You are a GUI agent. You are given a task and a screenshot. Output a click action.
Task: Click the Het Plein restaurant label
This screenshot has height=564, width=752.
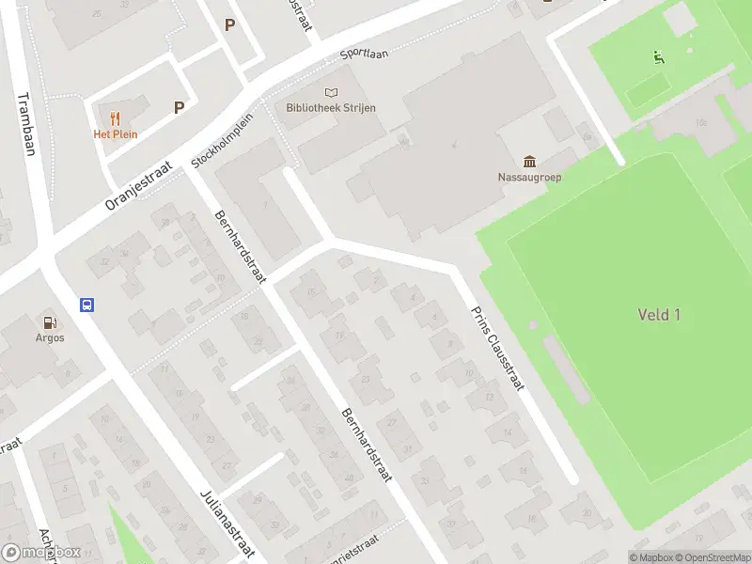(115, 133)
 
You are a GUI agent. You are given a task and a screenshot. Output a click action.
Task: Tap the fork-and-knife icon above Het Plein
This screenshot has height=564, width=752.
(115, 118)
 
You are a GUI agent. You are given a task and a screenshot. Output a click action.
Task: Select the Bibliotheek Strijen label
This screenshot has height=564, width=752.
(331, 108)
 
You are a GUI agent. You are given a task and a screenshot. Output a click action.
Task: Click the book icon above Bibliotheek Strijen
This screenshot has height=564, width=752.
(330, 92)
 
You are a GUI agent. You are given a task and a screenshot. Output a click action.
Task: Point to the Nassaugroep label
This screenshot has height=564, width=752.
(529, 177)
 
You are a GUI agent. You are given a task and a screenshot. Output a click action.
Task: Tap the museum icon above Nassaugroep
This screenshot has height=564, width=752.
(529, 161)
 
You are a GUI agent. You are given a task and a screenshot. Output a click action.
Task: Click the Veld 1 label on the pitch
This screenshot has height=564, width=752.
(659, 315)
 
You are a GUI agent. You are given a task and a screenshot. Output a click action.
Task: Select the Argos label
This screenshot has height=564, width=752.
(50, 337)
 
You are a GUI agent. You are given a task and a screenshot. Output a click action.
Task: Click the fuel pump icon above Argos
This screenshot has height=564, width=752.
(50, 321)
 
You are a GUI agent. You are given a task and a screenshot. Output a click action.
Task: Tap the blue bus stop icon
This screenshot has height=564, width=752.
(86, 305)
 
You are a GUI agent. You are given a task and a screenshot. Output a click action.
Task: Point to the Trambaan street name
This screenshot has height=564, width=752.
(25, 123)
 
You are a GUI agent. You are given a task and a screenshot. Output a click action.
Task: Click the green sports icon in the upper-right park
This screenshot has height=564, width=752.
(659, 57)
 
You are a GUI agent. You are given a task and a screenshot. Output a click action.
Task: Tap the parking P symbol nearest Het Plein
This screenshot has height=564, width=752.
(179, 108)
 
